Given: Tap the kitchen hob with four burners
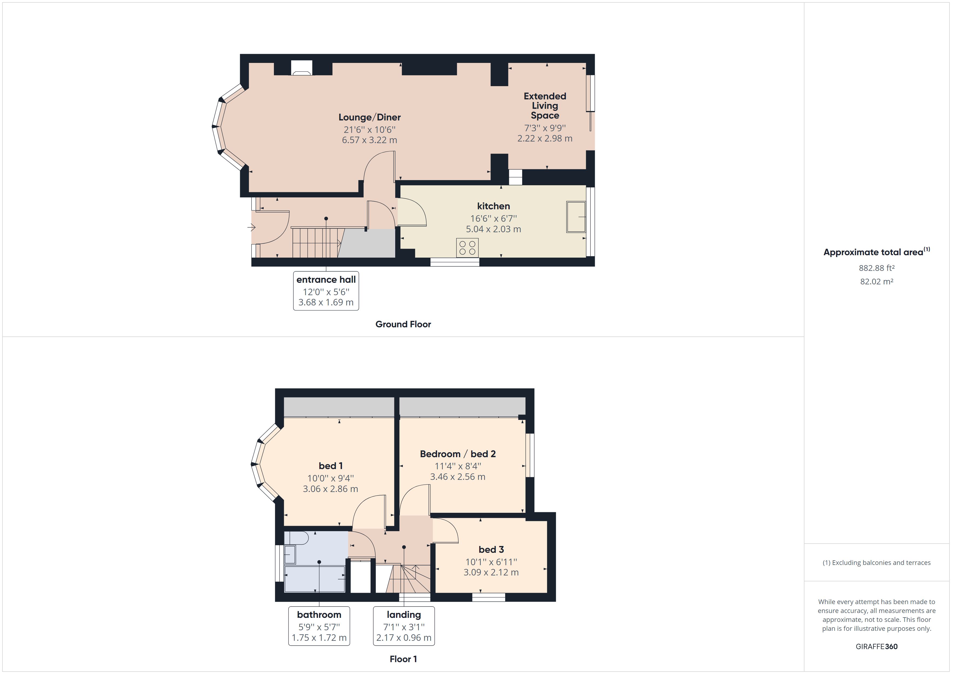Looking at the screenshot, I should [x=467, y=248].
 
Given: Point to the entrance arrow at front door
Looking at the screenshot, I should [x=251, y=227].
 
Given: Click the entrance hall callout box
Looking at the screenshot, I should [x=326, y=291].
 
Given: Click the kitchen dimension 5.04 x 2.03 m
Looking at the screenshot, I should [x=493, y=229].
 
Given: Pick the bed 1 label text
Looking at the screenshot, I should [x=330, y=466].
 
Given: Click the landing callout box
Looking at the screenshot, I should [x=404, y=626].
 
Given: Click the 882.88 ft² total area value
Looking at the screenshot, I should [x=876, y=268].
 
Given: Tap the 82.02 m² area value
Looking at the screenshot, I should [x=876, y=281].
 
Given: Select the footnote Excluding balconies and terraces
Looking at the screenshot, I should [x=876, y=563].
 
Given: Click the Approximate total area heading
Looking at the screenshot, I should [x=873, y=252].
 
